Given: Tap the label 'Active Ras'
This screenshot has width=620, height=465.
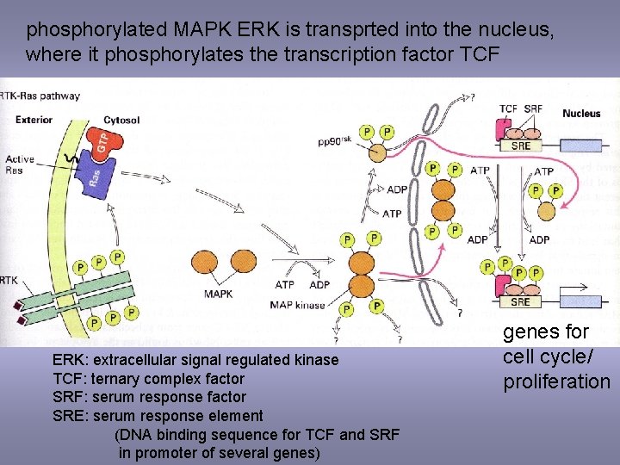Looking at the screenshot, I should coord(20,164).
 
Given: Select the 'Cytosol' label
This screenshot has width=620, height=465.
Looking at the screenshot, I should coord(121,120).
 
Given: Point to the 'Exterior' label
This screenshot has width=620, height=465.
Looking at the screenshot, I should coord(34,120).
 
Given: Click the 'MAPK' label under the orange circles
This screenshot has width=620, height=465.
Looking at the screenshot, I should coord(218,294).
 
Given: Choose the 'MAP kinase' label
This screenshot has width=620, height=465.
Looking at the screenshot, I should coord(297,305).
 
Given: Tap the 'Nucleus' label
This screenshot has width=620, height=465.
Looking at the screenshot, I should coord(582,113).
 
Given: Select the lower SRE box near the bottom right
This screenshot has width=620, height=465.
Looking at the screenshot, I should coord(520,302).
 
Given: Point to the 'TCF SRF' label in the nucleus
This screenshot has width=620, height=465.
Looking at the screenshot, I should coord(521,109).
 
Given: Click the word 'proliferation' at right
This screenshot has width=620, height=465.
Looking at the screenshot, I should coord(556,381).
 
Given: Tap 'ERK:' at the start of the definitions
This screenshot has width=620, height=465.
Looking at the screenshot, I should coord(71,360).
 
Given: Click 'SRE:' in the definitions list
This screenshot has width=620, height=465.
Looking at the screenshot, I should coord(71,416).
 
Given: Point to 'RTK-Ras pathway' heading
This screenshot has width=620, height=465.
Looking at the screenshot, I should coord(40,96).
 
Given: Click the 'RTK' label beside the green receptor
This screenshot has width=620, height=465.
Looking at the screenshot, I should coord(10,279).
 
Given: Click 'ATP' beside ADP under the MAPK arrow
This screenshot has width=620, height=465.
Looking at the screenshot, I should coord(285,284).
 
